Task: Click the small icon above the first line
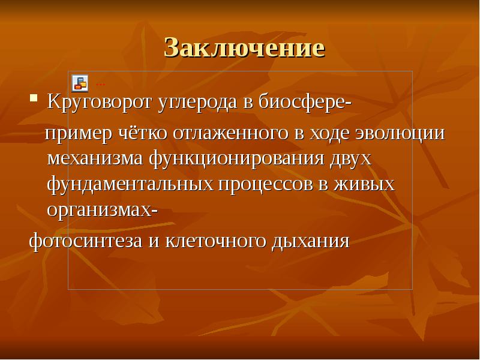[x=80, y=82]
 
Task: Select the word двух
[x=352, y=159]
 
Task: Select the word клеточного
[x=214, y=241]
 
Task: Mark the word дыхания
[x=311, y=241]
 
